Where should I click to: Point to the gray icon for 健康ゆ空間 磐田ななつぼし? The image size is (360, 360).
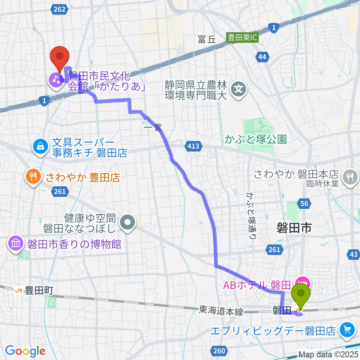click(x=128, y=222)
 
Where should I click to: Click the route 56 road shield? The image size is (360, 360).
click(x=304, y=204)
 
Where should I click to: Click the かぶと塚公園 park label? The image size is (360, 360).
click(x=256, y=140)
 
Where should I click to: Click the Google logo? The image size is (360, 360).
click(x=25, y=351)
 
